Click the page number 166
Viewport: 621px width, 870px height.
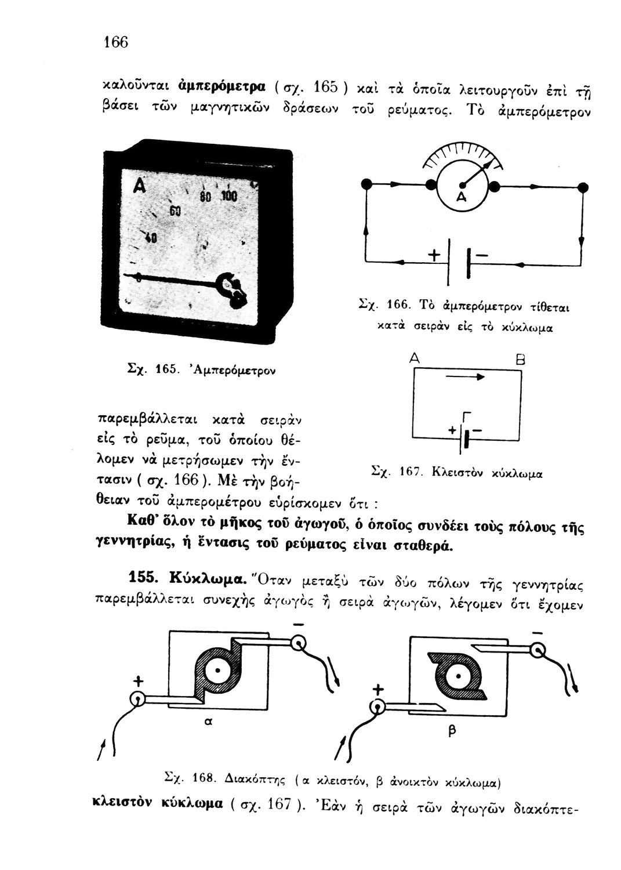[x=116, y=42]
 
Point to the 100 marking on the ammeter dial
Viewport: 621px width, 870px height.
[x=229, y=196]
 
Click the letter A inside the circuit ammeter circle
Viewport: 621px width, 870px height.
[x=461, y=197]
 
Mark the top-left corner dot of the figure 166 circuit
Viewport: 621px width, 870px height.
[x=365, y=184]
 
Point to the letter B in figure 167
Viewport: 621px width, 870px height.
[x=520, y=360]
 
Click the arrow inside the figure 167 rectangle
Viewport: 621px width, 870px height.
[x=465, y=376]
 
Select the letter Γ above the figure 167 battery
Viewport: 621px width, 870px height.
[x=467, y=416]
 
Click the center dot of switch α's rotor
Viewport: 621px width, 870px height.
[x=218, y=670]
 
